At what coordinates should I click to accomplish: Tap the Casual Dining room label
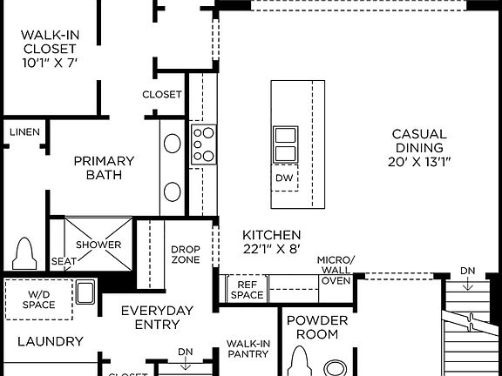tap(419, 148)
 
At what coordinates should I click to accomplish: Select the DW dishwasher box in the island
tap(284, 178)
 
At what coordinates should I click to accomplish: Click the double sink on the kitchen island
tap(285, 144)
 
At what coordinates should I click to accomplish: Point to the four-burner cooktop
tap(203, 144)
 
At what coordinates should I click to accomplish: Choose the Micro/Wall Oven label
tap(336, 271)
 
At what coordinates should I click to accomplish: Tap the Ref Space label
tap(247, 289)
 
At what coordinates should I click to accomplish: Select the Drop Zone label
tap(185, 254)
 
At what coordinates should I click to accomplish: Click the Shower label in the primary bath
tap(98, 245)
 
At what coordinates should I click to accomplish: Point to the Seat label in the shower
tap(63, 261)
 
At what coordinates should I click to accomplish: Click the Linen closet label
tap(24, 131)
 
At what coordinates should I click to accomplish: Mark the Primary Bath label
tap(104, 167)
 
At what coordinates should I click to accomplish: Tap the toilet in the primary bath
tap(24, 252)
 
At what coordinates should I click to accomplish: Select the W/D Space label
tap(38, 299)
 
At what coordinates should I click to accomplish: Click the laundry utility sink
tap(85, 292)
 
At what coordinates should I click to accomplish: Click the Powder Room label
tap(317, 326)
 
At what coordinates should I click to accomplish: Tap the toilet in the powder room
tap(302, 360)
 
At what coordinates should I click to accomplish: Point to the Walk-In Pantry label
tap(248, 348)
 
